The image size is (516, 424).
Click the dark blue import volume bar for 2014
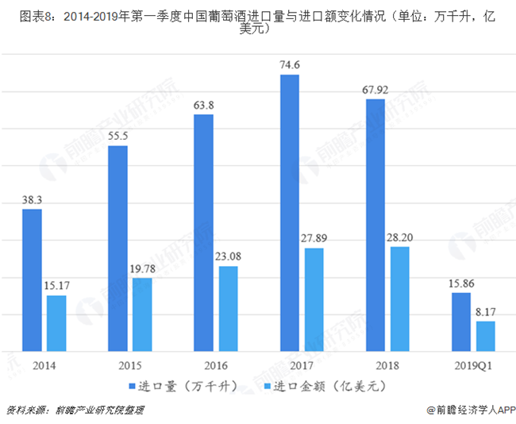(32, 279)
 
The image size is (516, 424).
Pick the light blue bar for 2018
(399, 299)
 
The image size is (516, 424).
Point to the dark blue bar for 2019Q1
(460, 322)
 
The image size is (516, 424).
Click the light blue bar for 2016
(228, 308)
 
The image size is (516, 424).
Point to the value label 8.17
(485, 312)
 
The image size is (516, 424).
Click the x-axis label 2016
(215, 365)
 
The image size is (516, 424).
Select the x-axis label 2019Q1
(473, 365)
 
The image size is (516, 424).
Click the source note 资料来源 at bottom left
(27, 411)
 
